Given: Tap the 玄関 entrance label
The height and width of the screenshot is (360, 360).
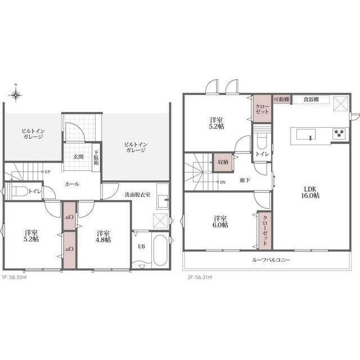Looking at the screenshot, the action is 78,157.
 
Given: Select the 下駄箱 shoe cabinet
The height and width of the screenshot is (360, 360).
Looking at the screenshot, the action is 96,157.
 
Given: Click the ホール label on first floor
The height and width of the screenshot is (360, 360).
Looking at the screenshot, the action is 72,184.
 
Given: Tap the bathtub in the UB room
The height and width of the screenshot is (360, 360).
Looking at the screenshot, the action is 160,250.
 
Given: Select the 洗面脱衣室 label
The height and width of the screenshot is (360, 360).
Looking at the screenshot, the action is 137,195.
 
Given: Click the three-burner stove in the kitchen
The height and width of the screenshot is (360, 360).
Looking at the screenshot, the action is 339,133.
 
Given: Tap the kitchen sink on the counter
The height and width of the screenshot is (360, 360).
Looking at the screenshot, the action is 306,134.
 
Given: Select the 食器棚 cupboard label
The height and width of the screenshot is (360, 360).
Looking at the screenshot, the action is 311,100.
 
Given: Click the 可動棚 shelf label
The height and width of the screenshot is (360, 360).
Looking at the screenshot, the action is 281,100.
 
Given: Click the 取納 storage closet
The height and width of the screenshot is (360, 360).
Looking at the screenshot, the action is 223,162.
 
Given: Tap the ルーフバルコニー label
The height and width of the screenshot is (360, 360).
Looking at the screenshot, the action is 271,260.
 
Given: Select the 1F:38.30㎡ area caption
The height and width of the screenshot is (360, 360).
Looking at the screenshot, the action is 14,277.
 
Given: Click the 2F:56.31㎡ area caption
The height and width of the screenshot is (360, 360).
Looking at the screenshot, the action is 200,277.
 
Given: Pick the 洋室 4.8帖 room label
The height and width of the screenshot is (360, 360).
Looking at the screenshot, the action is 103,236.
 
